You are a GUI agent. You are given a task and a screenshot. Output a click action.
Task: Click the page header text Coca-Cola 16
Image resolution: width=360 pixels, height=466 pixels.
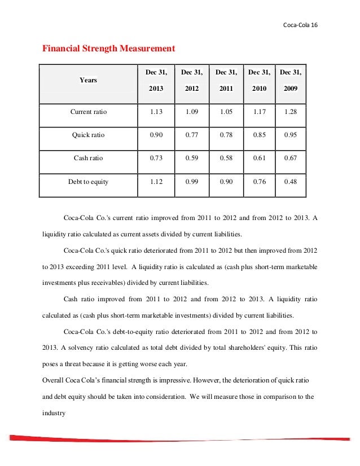point(300,26)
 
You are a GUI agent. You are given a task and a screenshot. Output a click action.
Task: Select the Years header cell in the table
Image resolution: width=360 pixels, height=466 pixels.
point(88,80)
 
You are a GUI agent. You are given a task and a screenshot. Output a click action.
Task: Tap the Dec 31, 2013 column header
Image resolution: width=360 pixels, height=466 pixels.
point(156,80)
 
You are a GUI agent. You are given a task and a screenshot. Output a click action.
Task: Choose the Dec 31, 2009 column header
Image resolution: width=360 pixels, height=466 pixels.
point(291,80)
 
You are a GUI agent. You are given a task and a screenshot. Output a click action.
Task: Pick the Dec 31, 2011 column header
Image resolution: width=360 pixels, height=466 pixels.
point(226,80)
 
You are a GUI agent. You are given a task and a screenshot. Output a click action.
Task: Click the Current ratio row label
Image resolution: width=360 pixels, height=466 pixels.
point(88,112)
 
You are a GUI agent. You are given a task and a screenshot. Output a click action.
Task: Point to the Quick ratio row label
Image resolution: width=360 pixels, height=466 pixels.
point(88,135)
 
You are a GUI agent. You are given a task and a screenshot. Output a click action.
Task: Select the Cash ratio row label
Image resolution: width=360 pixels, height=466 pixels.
point(88,158)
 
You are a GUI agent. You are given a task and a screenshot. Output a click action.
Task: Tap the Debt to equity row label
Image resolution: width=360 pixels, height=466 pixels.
point(88,182)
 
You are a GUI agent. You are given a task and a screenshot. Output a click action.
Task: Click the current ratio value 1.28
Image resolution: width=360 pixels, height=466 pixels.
point(291,112)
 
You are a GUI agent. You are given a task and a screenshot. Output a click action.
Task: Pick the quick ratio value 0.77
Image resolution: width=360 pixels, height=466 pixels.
point(191,135)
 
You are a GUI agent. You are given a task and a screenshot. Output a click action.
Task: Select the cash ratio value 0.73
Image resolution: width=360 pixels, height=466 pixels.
point(156,158)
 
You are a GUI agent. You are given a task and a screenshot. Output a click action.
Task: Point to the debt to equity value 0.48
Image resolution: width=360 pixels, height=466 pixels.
point(291,182)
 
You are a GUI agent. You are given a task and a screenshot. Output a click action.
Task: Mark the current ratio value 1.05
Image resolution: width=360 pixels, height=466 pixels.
point(226,112)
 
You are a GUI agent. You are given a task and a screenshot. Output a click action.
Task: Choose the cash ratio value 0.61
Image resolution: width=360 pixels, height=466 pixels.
point(259,158)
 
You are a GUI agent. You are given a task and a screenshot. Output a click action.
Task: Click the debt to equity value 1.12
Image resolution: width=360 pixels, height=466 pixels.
point(156,182)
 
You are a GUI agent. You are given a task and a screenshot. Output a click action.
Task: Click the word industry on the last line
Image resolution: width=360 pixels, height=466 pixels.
point(54,412)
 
